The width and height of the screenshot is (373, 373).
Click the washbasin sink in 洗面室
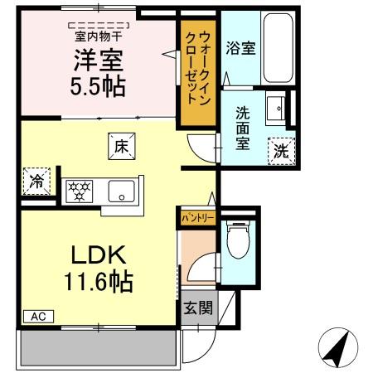279,107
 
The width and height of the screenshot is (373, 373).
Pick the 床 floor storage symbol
119,146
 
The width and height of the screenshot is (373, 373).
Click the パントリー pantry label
198,218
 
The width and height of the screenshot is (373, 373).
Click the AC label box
38,316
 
